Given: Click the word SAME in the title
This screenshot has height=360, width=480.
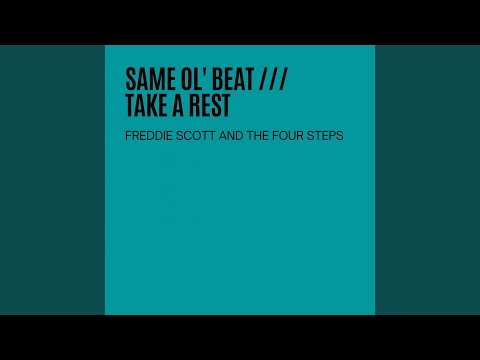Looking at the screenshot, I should pos(147,78).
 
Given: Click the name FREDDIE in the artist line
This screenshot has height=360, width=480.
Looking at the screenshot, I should pos(147,136).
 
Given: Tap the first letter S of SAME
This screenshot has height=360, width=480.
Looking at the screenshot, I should pos(130,78).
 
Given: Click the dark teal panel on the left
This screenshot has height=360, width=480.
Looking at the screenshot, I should pos(52,180).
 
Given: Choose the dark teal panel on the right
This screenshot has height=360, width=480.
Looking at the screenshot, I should pos(427,180).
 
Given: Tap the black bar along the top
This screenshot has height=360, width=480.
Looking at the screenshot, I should pos(240,22).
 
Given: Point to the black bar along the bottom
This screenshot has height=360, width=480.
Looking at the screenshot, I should pos(240,337).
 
